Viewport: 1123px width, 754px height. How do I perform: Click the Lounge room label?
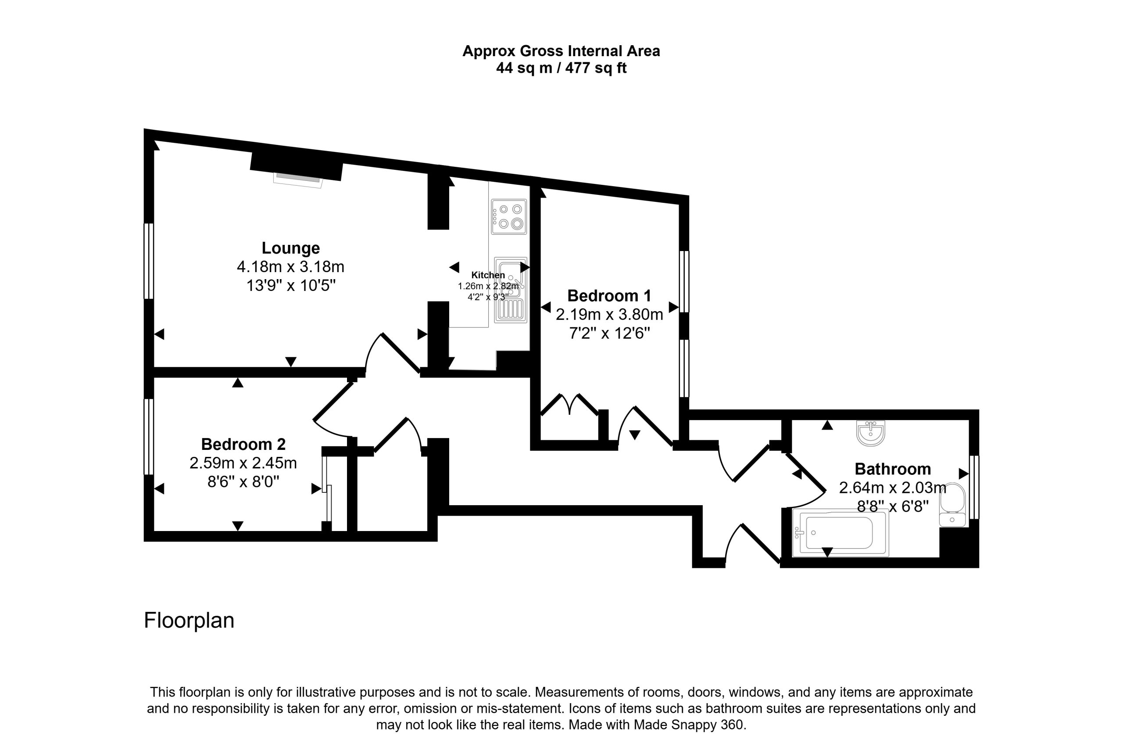290,248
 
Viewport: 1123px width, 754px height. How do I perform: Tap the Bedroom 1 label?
609,296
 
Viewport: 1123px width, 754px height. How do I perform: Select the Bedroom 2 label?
243,444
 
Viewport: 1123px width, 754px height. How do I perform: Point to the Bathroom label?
892,469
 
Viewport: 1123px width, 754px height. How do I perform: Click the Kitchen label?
488,275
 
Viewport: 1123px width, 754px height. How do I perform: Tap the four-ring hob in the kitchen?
509,216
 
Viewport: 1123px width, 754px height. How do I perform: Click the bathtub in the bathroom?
840,533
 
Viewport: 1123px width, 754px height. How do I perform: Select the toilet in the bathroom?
952,505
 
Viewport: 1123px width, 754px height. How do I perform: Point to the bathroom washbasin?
870,433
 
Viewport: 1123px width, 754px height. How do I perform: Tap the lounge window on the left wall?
149,261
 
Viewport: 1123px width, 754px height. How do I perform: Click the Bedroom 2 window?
149,437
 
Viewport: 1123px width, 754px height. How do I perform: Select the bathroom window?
974,487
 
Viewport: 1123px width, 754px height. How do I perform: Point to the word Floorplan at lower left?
189,620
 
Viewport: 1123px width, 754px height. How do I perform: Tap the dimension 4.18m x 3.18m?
290,267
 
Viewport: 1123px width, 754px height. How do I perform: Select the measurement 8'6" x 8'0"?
243,481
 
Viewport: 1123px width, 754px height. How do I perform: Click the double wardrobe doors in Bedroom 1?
570,405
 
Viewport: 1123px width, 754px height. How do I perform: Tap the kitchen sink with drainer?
510,290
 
